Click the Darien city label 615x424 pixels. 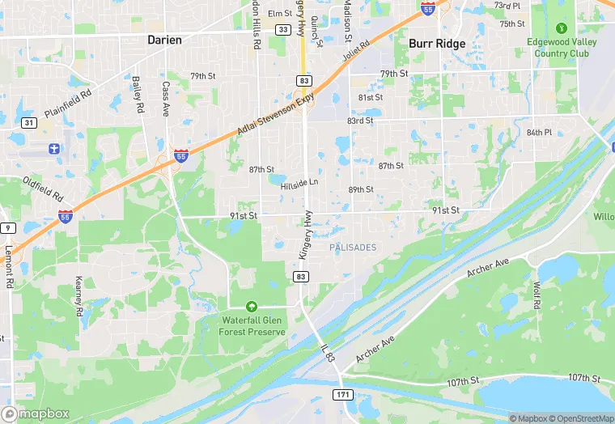pos(163,39)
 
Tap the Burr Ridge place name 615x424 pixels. pos(437,44)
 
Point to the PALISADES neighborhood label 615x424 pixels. pos(353,247)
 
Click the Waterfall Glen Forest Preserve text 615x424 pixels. pos(252,326)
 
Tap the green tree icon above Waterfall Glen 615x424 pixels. pos(252,307)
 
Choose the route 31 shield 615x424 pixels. pos(28,122)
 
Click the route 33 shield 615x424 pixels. pos(282,29)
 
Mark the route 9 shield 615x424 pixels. pos(7,228)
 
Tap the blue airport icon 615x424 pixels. pos(54,149)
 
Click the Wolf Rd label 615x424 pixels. pos(537,295)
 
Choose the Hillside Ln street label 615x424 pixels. pos(299,185)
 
